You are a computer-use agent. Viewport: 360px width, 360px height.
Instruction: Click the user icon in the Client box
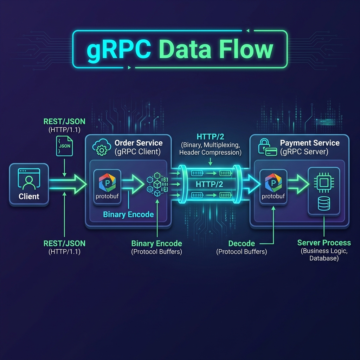(x=29, y=181)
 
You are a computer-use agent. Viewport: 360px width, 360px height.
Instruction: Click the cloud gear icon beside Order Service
(x=101, y=148)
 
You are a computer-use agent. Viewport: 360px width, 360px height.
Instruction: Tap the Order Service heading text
(x=139, y=143)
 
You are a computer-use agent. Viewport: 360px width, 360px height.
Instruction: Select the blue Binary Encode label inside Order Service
(x=128, y=214)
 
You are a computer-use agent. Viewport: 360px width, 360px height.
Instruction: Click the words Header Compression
(x=210, y=153)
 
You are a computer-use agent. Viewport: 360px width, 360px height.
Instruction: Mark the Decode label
(x=242, y=244)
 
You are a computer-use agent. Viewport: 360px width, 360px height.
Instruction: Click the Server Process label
(x=324, y=243)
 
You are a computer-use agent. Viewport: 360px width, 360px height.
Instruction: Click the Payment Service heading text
(x=310, y=143)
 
